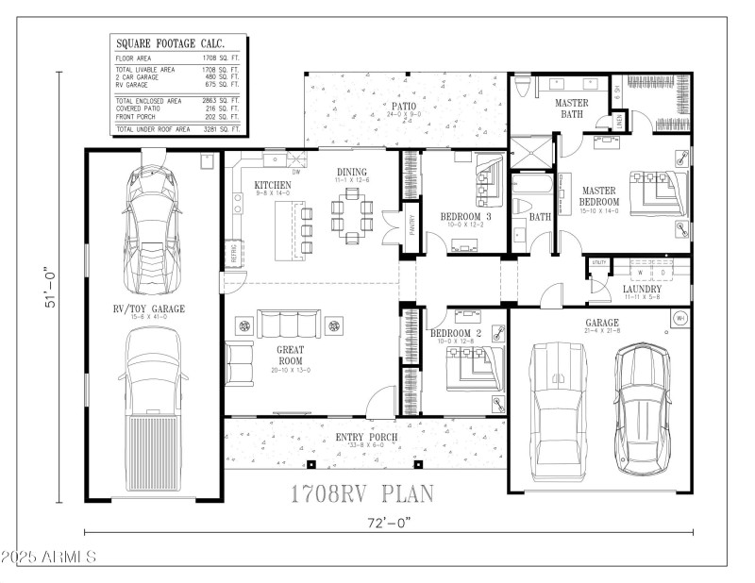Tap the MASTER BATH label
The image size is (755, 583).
(571, 108)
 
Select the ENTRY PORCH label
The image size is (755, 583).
(366, 438)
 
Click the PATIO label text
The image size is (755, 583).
(401, 107)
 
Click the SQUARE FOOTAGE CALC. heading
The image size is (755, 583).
(158, 43)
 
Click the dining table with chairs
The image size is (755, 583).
(352, 215)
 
